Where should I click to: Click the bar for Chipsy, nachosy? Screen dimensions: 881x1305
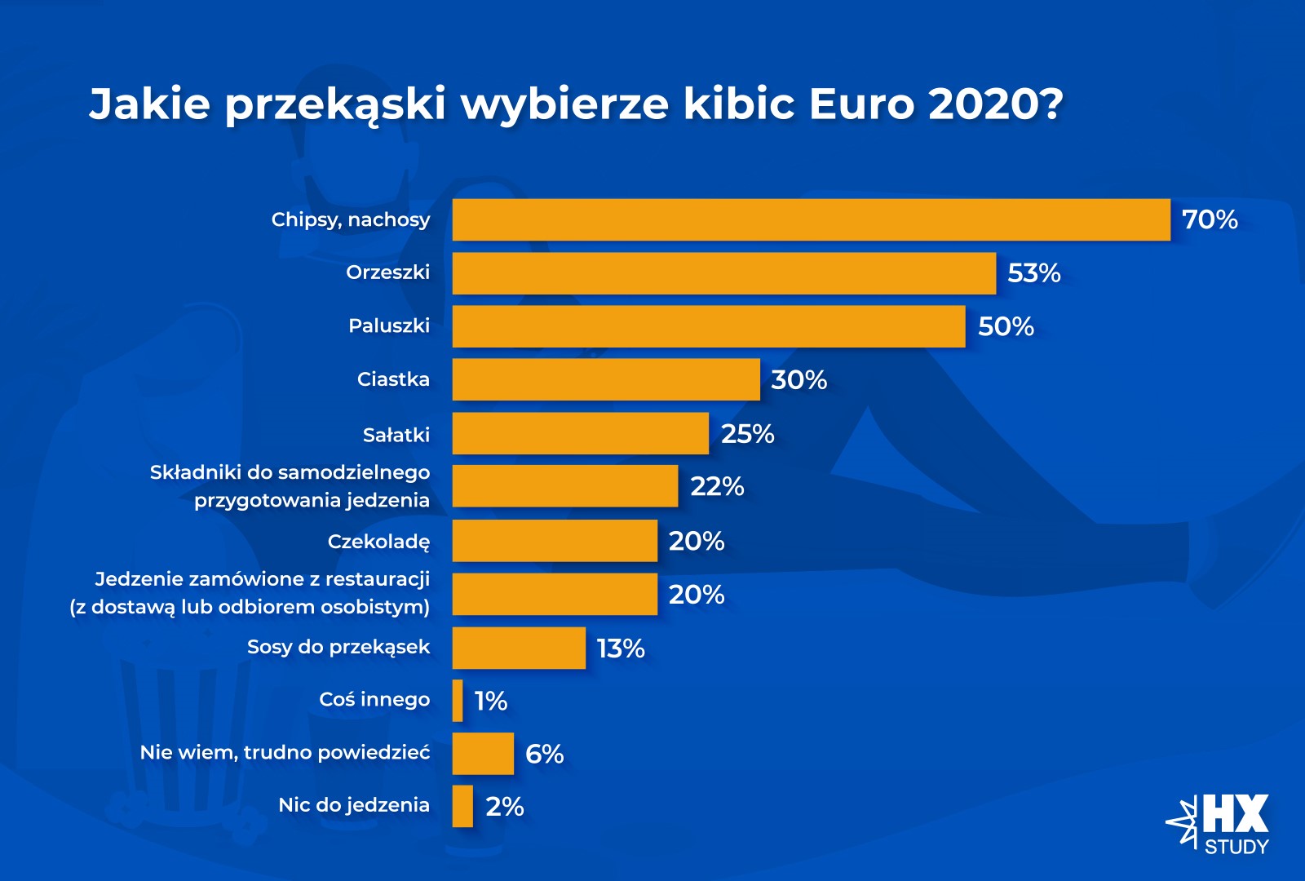[x=811, y=219]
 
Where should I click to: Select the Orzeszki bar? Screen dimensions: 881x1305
[x=723, y=273]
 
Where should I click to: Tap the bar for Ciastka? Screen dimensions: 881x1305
[x=606, y=379]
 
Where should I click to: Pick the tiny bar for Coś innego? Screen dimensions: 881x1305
[x=458, y=701]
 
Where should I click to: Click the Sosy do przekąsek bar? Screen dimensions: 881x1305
[x=519, y=648]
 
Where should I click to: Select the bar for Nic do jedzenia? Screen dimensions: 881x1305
[x=462, y=806]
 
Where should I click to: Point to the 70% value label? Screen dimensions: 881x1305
[x=1210, y=219]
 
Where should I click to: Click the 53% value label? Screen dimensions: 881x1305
[x=1033, y=273]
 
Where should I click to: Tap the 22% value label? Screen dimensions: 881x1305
[x=717, y=487]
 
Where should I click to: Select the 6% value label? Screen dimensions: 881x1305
[x=544, y=754]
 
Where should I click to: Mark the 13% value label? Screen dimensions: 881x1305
[x=621, y=649]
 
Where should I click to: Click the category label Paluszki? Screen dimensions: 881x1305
[x=389, y=326]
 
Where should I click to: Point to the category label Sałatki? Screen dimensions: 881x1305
[x=396, y=435]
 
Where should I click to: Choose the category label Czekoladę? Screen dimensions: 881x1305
[x=378, y=542]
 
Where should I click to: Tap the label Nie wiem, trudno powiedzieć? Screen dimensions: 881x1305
[x=285, y=752]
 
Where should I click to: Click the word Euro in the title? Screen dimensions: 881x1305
[x=861, y=104]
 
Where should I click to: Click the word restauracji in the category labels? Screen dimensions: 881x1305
[x=378, y=579]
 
